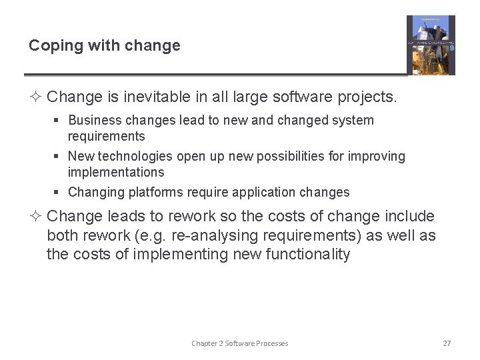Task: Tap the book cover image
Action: point(431,45)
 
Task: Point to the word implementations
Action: point(115,172)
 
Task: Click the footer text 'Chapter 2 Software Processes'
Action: point(240,343)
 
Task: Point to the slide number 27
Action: point(447,343)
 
